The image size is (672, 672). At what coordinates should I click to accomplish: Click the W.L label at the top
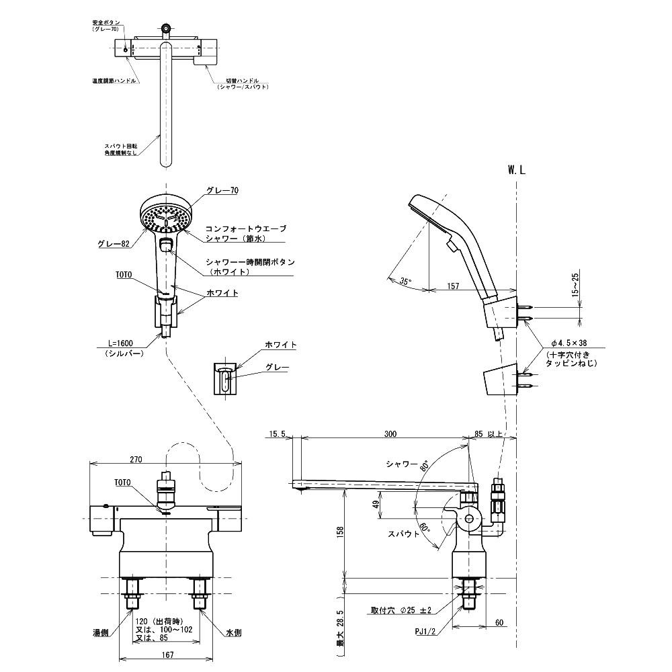click(x=516, y=171)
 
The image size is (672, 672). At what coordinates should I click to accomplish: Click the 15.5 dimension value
click(x=278, y=435)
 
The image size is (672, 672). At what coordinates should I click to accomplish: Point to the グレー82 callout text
click(x=112, y=243)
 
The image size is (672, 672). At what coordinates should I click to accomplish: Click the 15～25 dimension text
click(x=575, y=284)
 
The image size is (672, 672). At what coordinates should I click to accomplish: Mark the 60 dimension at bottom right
click(x=499, y=623)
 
